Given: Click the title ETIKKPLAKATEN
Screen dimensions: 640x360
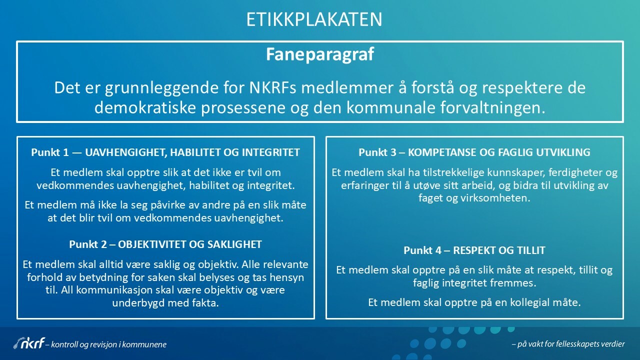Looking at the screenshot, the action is coord(314,19).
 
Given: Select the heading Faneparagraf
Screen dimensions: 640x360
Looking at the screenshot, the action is coord(320,54).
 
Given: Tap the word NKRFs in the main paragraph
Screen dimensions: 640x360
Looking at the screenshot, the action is coord(273,87).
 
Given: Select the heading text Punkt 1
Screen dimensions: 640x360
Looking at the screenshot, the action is coord(50,152).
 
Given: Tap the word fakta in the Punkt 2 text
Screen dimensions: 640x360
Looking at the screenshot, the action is coord(207,303).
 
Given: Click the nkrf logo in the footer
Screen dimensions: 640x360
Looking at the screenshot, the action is coord(29,343).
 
